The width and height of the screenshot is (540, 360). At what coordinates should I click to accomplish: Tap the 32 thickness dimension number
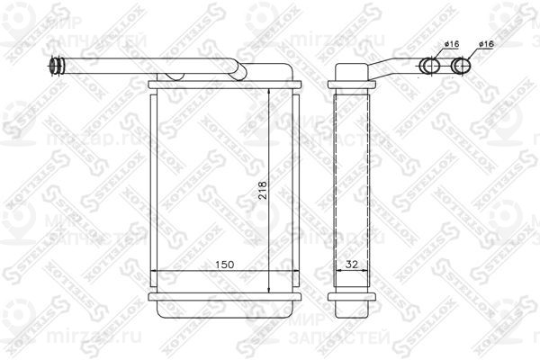pyautogui.click(x=352, y=265)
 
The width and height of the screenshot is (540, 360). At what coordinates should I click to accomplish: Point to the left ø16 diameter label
pyautogui.click(x=427, y=43)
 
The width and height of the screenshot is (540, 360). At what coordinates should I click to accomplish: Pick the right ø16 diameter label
pyautogui.click(x=485, y=43)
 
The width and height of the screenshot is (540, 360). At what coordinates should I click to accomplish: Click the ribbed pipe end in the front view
pyautogui.click(x=56, y=65)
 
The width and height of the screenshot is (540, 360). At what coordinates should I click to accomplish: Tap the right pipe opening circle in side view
pyautogui.click(x=460, y=65)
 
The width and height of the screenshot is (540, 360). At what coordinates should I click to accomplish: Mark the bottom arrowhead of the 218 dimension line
pyautogui.click(x=270, y=287)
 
